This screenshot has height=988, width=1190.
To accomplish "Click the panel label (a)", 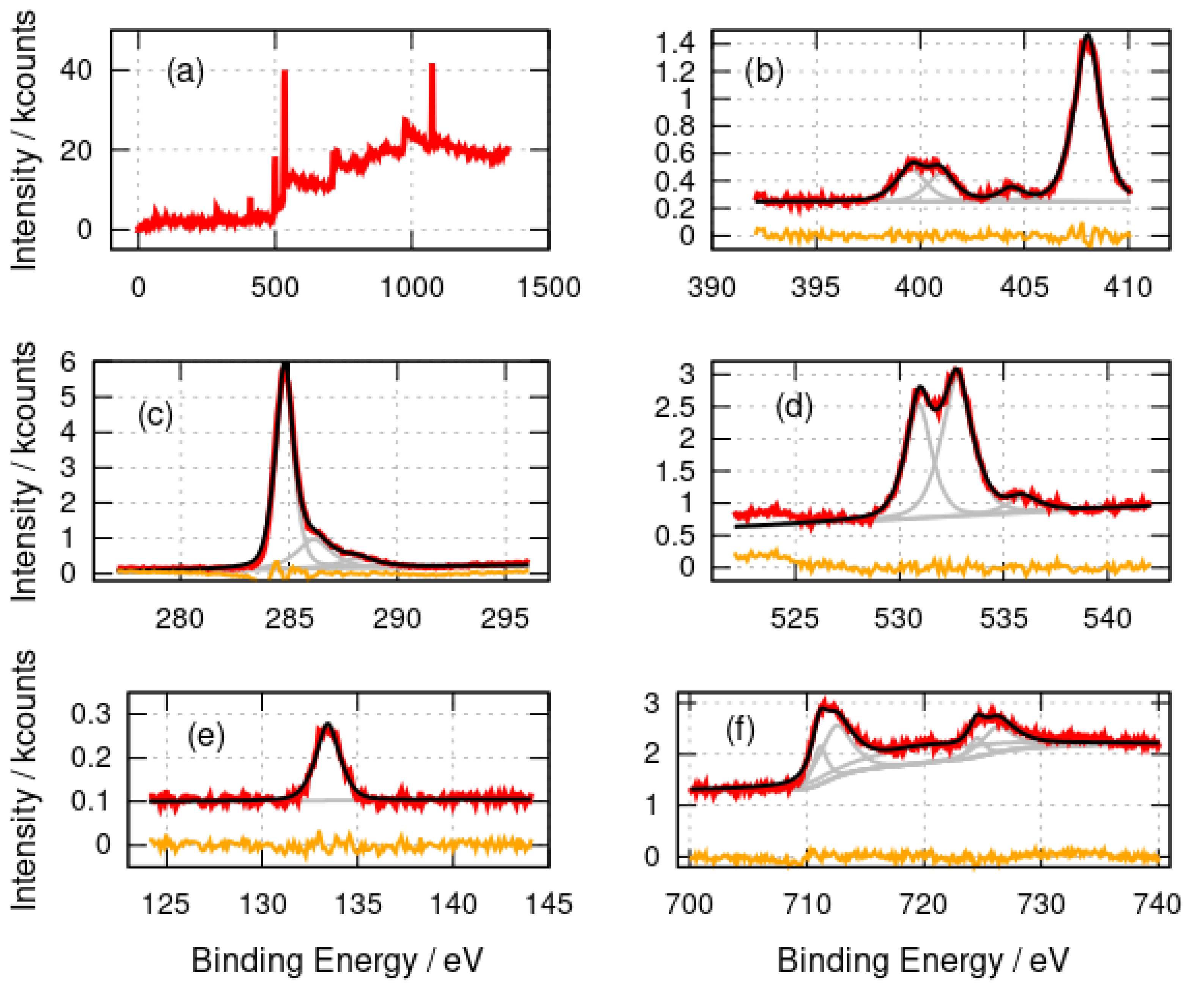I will (x=185, y=72).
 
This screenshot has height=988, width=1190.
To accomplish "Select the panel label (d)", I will (x=793, y=407).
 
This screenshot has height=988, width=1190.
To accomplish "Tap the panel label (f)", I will (x=740, y=731).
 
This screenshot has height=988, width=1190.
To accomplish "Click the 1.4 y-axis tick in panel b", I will (x=676, y=44).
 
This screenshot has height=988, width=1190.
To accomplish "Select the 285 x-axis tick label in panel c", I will (x=289, y=618).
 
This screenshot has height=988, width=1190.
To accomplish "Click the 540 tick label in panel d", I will (x=1107, y=618).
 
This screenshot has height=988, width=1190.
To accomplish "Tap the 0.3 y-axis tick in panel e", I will (x=91, y=714).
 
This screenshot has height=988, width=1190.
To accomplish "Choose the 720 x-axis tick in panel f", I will (x=924, y=903).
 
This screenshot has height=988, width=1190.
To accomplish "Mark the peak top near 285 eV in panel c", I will (x=285, y=365).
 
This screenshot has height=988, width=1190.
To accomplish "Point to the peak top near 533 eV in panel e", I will (x=327, y=724).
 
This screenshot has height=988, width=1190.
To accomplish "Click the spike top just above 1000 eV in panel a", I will (x=432, y=64).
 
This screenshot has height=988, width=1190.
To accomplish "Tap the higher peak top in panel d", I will (x=957, y=370).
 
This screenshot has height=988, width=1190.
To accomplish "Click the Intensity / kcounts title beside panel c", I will (x=24, y=470).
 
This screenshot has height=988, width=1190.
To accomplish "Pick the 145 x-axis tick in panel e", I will (x=549, y=903).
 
